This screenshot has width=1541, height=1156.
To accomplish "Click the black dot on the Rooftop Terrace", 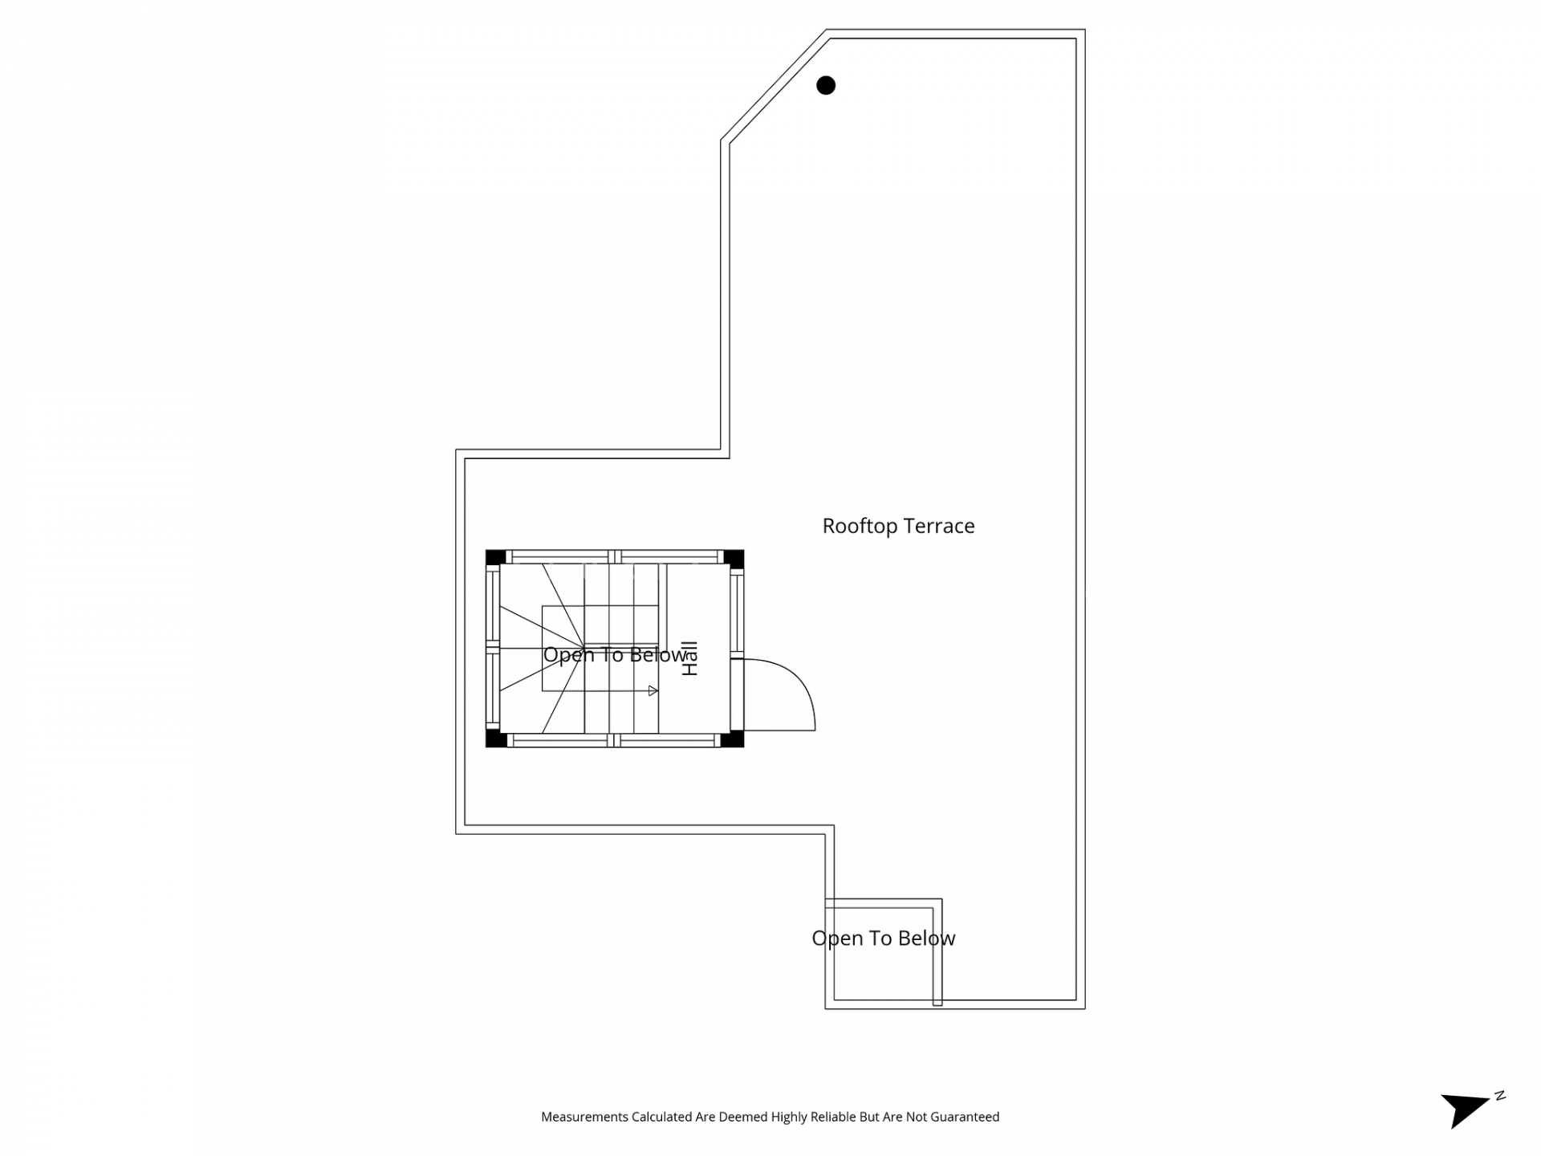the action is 826,85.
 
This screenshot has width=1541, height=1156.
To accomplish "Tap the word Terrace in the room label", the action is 939,526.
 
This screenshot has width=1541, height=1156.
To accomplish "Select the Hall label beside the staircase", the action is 689,658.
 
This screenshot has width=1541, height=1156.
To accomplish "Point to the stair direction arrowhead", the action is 653,690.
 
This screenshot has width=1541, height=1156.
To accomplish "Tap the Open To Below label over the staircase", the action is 615,655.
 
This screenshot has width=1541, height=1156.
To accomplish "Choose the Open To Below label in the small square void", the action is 884,938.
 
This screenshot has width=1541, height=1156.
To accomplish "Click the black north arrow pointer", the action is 1463,1110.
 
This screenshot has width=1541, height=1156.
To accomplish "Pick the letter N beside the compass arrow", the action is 1500,1096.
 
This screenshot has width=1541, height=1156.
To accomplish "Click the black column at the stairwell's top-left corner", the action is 495,557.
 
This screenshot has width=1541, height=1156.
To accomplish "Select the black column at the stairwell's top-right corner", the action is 734,557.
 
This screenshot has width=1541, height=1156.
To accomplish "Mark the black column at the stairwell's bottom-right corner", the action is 733,739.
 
